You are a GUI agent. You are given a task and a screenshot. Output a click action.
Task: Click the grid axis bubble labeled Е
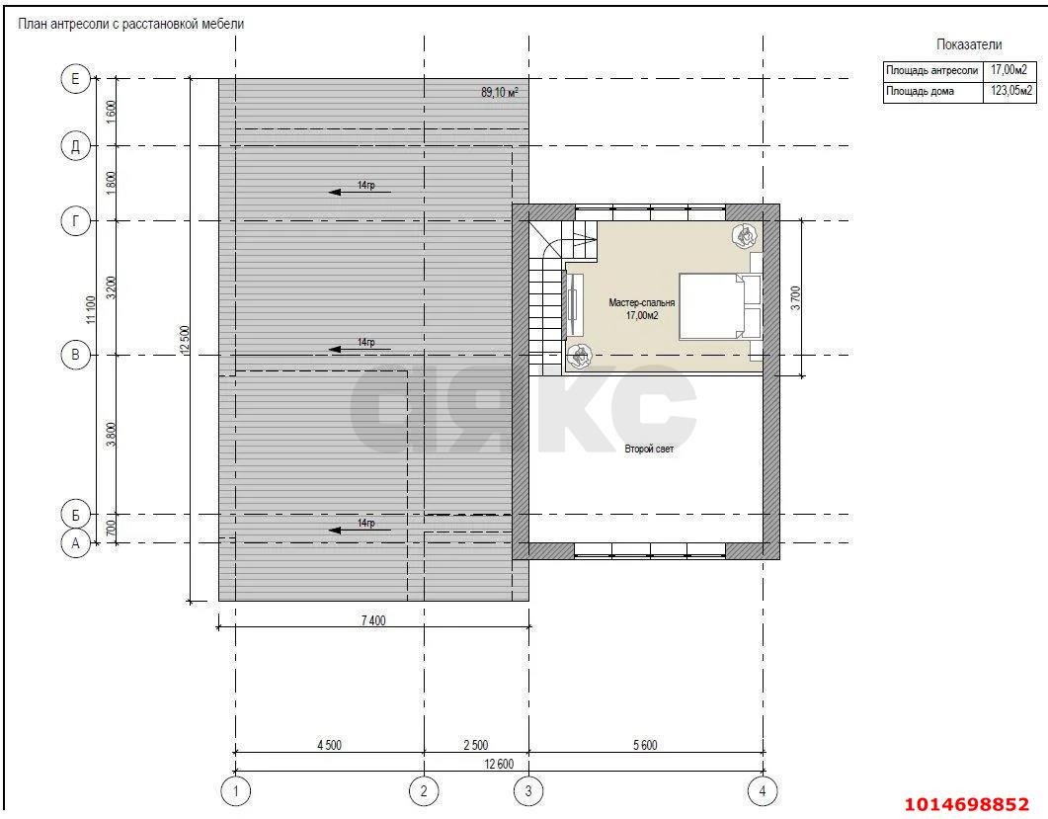tap(75, 79)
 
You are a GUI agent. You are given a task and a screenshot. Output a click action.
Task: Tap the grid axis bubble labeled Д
tap(75, 146)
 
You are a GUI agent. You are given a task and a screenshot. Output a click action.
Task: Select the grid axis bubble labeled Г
tap(75, 220)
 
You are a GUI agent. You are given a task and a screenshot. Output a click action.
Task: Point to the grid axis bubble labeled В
tap(75, 355)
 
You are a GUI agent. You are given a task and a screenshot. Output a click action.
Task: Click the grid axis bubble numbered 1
tap(235, 791)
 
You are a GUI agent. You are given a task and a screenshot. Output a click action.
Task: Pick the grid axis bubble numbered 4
tap(763, 791)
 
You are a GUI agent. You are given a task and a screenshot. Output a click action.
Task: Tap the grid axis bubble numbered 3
tap(528, 791)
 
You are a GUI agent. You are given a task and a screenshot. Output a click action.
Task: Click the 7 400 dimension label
tap(373, 620)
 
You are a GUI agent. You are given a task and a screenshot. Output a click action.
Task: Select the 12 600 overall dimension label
tap(499, 764)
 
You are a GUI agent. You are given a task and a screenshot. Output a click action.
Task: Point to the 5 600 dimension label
tap(645, 745)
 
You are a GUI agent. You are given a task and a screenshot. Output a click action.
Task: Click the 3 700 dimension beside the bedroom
tap(795, 298)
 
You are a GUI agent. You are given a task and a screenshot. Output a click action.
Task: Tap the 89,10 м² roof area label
tap(500, 92)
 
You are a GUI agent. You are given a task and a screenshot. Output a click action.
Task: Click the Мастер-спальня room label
tap(642, 303)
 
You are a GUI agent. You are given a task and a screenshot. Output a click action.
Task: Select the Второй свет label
tap(649, 450)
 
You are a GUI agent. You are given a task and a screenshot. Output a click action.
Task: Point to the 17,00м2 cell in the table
tap(1008, 70)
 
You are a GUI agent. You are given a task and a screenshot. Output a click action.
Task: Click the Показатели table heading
tap(969, 44)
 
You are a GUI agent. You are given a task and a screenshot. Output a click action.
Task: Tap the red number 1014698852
tap(966, 803)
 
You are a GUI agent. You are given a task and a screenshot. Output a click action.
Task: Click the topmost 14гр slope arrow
tap(360, 192)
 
